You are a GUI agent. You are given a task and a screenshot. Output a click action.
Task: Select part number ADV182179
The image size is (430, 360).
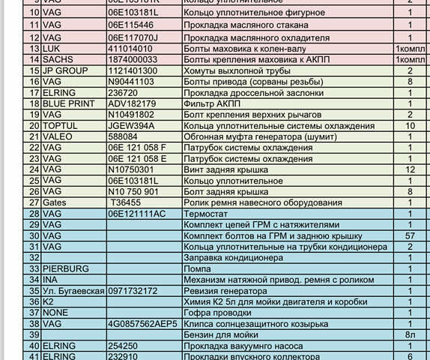[132, 103]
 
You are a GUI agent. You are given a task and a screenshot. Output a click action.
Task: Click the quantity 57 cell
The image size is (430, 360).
[410, 235]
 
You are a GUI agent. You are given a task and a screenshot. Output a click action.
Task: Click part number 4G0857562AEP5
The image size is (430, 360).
[142, 324]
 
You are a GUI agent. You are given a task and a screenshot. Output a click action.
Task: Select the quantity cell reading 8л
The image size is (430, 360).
[410, 334]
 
